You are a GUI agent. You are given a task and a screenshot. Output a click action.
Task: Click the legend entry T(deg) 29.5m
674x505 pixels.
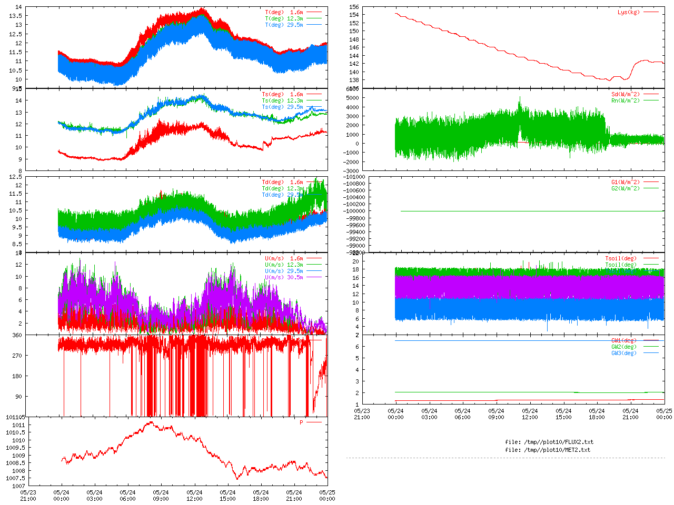[284, 25]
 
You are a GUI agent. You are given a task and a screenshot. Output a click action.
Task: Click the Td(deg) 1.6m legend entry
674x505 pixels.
[282, 182]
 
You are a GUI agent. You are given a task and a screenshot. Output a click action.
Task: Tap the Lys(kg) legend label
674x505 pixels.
[629, 12]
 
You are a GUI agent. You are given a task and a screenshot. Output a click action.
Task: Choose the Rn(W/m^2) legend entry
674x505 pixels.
[626, 100]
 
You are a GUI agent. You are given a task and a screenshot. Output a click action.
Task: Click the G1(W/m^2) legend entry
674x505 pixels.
[626, 182]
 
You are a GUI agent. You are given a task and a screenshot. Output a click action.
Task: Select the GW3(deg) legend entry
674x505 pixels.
[624, 353]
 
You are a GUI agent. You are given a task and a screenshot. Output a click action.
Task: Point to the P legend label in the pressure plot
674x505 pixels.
[302, 422]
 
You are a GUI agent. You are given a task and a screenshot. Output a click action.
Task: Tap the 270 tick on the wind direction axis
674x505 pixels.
[17, 356]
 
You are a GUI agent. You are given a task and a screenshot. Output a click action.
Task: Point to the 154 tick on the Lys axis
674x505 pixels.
[354, 15]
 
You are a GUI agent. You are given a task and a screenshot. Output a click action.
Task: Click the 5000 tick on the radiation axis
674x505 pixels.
[351, 98]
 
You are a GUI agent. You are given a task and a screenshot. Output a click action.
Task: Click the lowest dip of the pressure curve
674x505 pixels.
[237, 479]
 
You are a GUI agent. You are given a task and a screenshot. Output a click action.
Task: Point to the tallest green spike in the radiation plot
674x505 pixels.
[520, 97]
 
